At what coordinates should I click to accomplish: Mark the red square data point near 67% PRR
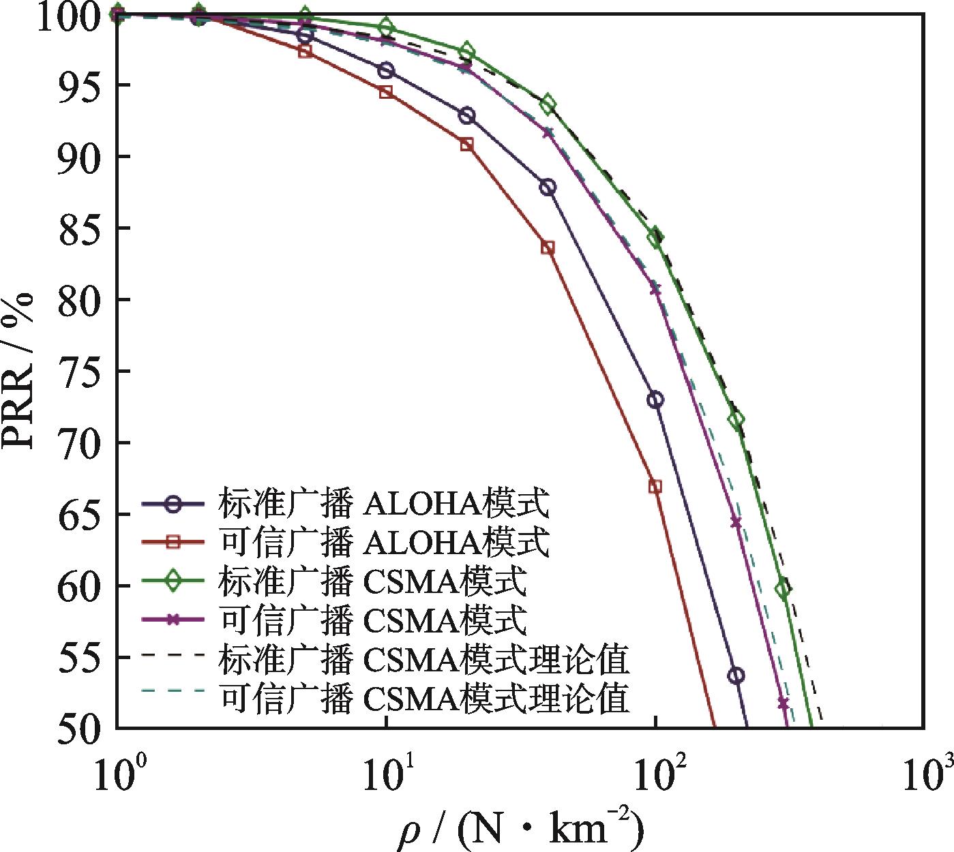(655, 487)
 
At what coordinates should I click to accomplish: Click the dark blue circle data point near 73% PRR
(655, 400)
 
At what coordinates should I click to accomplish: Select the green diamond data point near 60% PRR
(783, 588)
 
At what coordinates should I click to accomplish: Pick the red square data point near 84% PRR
(548, 247)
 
